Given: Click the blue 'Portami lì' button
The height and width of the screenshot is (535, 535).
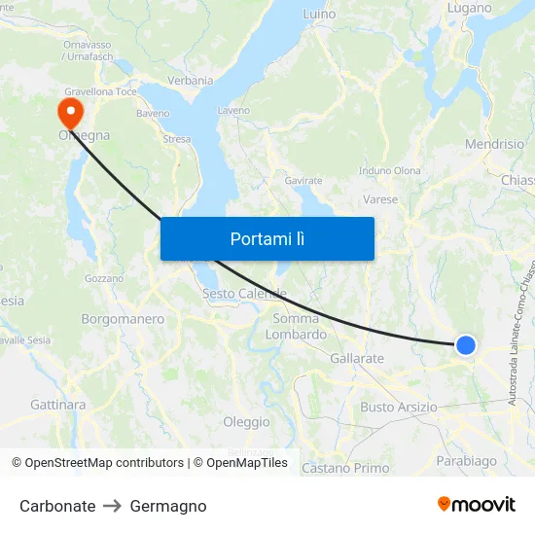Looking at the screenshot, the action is tap(267, 238).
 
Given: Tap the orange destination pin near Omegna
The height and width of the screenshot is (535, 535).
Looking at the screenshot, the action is tap(70, 109).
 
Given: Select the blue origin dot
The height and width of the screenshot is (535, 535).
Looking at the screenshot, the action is tap(466, 344).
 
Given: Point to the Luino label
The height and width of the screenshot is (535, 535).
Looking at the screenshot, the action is tap(319, 14).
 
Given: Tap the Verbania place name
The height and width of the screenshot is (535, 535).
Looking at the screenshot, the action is tap(190, 80).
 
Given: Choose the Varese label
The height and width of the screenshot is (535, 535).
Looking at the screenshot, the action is tap(380, 199).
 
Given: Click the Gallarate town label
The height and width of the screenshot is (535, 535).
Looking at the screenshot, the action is tap(357, 359).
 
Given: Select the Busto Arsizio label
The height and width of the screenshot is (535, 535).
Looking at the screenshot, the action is tap(399, 407).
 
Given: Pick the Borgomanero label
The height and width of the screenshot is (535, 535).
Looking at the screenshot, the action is tap(123, 318).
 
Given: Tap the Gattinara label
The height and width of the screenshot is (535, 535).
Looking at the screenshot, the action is tap(58, 404).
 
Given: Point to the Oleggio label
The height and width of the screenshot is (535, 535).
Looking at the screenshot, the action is tap(246, 422).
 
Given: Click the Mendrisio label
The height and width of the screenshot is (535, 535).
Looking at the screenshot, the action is tap(494, 144).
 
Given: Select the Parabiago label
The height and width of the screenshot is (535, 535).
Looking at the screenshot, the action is tap(467, 460).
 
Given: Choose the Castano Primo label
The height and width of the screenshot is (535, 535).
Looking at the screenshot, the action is tap(345, 468).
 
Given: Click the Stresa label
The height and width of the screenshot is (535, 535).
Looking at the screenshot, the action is tap(177, 139).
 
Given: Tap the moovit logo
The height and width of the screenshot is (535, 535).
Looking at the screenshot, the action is tap(477, 504).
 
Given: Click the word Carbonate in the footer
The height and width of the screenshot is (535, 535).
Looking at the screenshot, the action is tap(57, 506).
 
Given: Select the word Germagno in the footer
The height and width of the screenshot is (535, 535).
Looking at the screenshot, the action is tap(168, 506).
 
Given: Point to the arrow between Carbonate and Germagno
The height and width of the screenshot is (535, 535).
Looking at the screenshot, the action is tap(112, 506).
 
